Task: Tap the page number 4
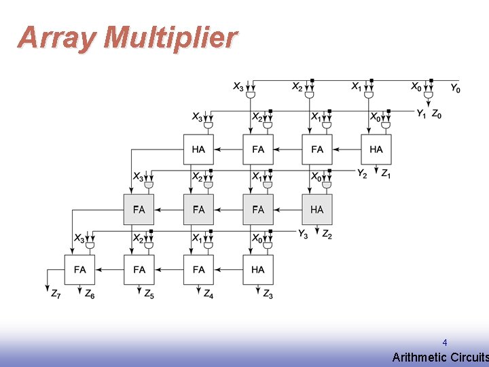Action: (444, 343)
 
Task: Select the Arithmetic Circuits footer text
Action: (440, 357)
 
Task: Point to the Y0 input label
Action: (455, 88)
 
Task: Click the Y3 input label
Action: (304, 234)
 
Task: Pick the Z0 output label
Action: (437, 114)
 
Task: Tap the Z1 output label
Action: (385, 174)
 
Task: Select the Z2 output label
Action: (327, 234)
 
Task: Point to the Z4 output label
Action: (208, 294)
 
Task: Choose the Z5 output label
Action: (149, 294)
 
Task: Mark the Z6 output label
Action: (90, 294)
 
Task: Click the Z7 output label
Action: (55, 294)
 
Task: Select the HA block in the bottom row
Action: (258, 270)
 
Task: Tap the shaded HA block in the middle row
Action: (317, 209)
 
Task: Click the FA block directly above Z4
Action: (198, 270)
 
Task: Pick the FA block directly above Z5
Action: (139, 270)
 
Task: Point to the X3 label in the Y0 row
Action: (238, 87)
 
